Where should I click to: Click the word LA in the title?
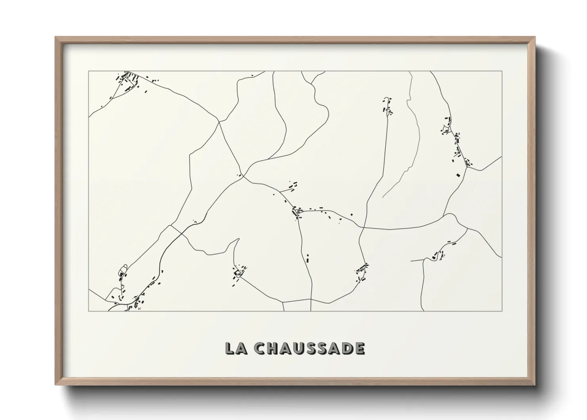click(x=236, y=348)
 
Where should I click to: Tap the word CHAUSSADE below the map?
click(x=310, y=348)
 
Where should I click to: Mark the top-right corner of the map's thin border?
click(x=502, y=71)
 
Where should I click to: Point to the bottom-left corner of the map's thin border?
click(x=89, y=311)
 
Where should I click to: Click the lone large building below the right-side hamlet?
click(x=458, y=175)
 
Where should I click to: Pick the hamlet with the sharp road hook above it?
click(x=239, y=272)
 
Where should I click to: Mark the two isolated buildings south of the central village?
click(x=307, y=258)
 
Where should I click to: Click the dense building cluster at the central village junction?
click(x=296, y=212)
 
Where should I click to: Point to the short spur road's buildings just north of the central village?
click(x=293, y=185)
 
